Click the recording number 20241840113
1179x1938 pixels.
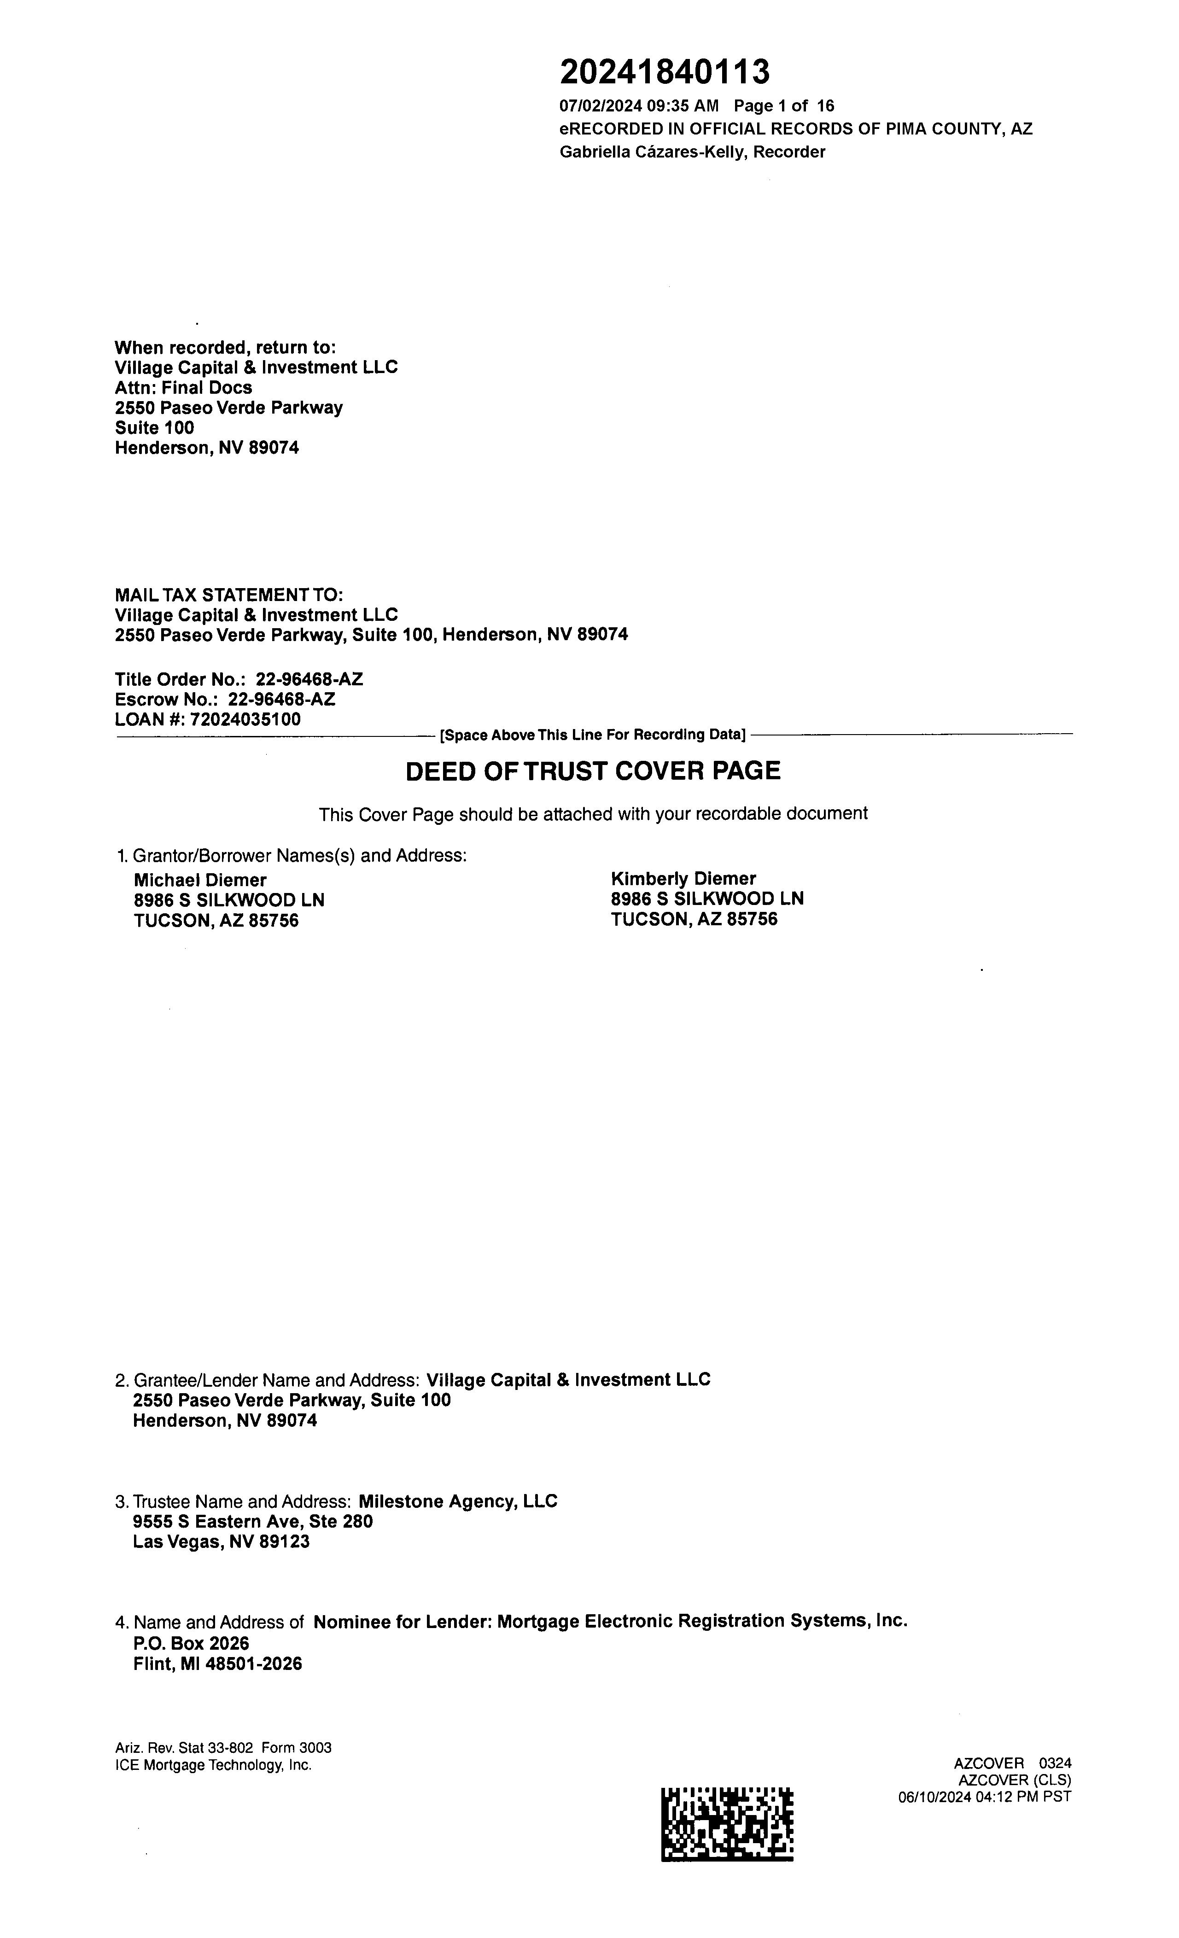665,72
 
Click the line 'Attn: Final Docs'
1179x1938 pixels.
183,388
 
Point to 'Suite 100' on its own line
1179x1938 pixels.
154,428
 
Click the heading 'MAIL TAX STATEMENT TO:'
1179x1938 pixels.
229,595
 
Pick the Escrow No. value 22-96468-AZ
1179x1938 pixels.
281,699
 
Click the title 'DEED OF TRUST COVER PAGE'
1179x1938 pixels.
593,771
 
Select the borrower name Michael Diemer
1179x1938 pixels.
200,880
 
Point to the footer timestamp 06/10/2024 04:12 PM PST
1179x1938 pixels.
985,1797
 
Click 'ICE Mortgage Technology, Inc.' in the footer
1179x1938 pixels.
213,1765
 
